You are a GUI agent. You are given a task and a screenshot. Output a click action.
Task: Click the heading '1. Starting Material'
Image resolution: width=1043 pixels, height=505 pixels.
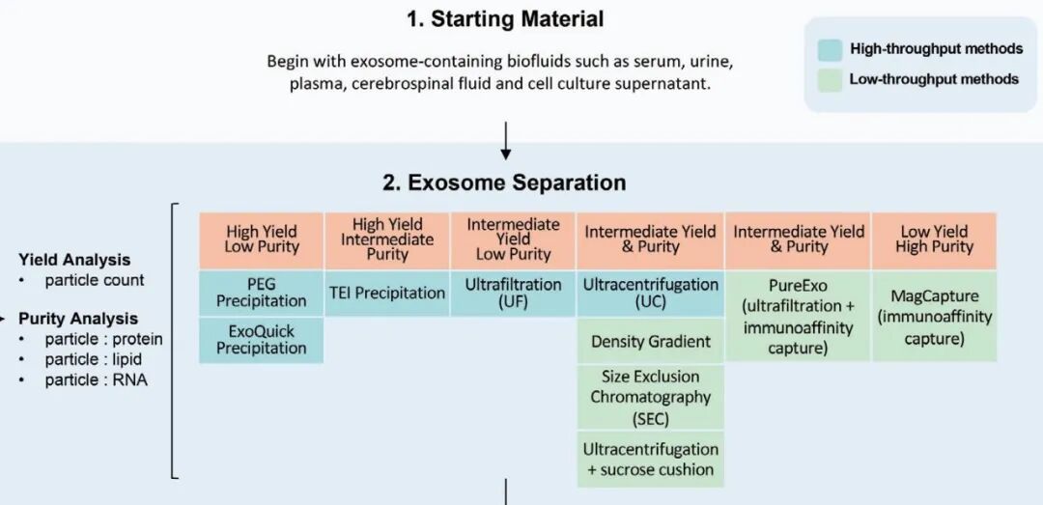pyautogui.click(x=505, y=18)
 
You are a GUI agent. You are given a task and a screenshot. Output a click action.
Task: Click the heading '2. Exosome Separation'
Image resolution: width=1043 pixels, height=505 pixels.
pyautogui.click(x=504, y=182)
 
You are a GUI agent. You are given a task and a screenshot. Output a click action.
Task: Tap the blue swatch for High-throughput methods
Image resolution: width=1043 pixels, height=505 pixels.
pyautogui.click(x=831, y=49)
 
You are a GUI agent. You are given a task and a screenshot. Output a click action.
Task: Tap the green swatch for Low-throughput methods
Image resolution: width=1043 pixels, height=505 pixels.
pyautogui.click(x=831, y=80)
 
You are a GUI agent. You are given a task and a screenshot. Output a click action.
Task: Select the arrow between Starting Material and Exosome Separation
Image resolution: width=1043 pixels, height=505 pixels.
pyautogui.click(x=505, y=140)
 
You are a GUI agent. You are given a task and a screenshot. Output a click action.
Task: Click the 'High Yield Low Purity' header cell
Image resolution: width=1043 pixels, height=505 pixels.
pyautogui.click(x=262, y=240)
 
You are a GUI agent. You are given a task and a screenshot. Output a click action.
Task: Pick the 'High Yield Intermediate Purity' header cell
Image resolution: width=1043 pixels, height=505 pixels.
pyautogui.click(x=387, y=240)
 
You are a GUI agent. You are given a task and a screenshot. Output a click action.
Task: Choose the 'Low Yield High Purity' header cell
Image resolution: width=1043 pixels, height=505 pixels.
pyautogui.click(x=934, y=240)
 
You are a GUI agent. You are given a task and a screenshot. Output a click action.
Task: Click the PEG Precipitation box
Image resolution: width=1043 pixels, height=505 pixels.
pyautogui.click(x=262, y=294)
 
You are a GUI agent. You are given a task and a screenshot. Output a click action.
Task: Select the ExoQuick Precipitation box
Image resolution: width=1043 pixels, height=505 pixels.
pyautogui.click(x=262, y=340)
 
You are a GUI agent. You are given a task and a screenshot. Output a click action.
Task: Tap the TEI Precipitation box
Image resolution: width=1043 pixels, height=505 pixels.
pyautogui.click(x=387, y=294)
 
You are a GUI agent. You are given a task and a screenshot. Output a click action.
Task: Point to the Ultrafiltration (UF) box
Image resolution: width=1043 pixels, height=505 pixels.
pyautogui.click(x=513, y=294)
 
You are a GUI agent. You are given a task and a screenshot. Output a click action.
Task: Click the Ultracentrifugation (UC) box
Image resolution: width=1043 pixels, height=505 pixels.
pyautogui.click(x=651, y=294)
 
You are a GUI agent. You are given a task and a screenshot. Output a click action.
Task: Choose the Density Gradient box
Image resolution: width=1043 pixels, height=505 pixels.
pyautogui.click(x=651, y=341)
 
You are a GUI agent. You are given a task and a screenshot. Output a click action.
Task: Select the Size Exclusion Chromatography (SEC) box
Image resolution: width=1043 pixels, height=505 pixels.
pyautogui.click(x=651, y=397)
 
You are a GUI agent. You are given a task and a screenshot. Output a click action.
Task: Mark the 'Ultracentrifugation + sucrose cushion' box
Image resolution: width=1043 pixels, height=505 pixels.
pyautogui.click(x=651, y=459)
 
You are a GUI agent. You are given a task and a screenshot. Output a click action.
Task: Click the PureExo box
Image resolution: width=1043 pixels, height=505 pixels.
pyautogui.click(x=798, y=316)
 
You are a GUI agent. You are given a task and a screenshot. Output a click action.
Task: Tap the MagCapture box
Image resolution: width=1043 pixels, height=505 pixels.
pyautogui.click(x=934, y=316)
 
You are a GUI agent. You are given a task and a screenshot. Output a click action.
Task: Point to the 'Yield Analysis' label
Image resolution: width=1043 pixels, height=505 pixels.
pyautogui.click(x=73, y=260)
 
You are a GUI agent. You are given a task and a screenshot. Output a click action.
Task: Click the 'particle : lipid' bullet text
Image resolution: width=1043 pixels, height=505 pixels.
pyautogui.click(x=93, y=359)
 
